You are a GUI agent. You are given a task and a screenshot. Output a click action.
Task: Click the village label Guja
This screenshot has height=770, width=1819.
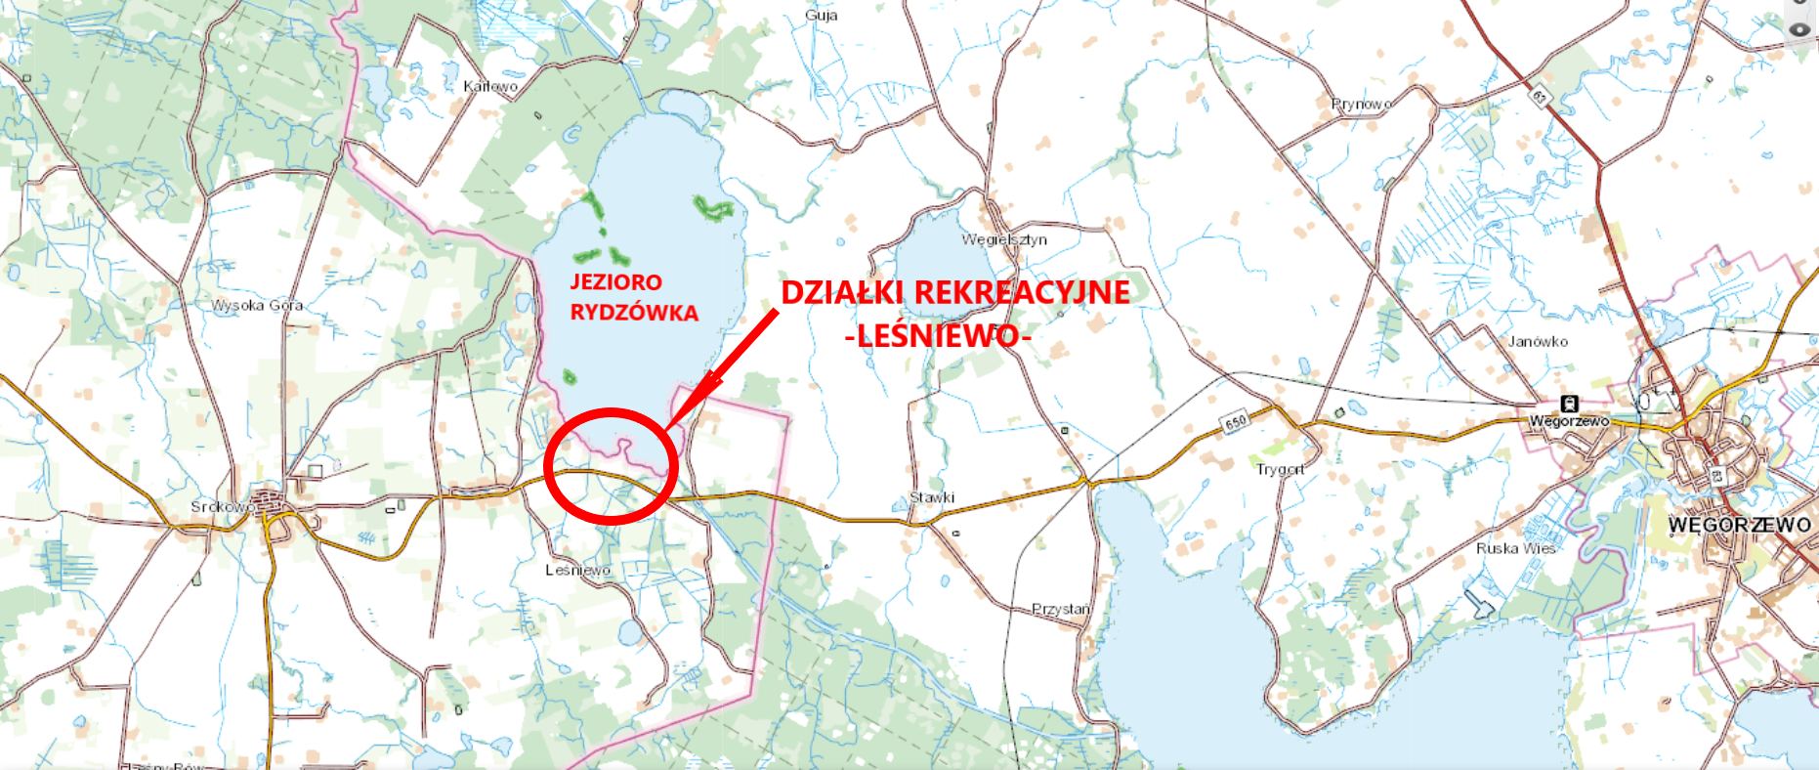click(x=822, y=16)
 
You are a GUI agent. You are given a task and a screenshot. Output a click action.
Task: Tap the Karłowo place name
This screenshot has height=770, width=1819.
click(x=490, y=86)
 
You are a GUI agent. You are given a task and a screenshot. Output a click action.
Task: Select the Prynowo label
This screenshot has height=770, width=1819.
click(x=1362, y=104)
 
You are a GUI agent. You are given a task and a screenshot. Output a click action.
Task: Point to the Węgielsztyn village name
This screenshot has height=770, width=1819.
click(x=1004, y=239)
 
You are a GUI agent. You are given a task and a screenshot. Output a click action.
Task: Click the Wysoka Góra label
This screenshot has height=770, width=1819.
click(x=257, y=305)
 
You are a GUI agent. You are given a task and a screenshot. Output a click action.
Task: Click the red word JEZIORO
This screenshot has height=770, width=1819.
click(x=615, y=282)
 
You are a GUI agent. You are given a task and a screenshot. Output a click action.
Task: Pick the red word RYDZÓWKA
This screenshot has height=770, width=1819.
click(x=634, y=313)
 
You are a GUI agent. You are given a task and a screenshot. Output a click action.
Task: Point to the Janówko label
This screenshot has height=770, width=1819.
click(x=1538, y=341)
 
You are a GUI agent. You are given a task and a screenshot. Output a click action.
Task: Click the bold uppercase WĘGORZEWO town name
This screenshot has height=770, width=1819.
click(x=1739, y=525)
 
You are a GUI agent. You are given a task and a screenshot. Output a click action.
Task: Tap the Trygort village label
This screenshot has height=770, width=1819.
click(x=1280, y=469)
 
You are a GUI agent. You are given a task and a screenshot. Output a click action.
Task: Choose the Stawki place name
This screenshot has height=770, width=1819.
click(x=932, y=497)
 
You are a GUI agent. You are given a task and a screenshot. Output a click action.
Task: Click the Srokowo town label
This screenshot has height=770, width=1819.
click(x=221, y=506)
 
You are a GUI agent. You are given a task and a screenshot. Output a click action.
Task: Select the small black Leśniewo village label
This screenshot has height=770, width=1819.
click(x=578, y=570)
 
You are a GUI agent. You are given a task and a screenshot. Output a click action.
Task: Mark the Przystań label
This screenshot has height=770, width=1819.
click(x=1061, y=609)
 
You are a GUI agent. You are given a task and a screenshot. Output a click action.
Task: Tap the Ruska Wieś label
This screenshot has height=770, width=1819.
click(x=1515, y=548)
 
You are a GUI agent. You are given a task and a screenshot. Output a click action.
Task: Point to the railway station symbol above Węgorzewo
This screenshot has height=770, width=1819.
click(x=1569, y=404)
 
